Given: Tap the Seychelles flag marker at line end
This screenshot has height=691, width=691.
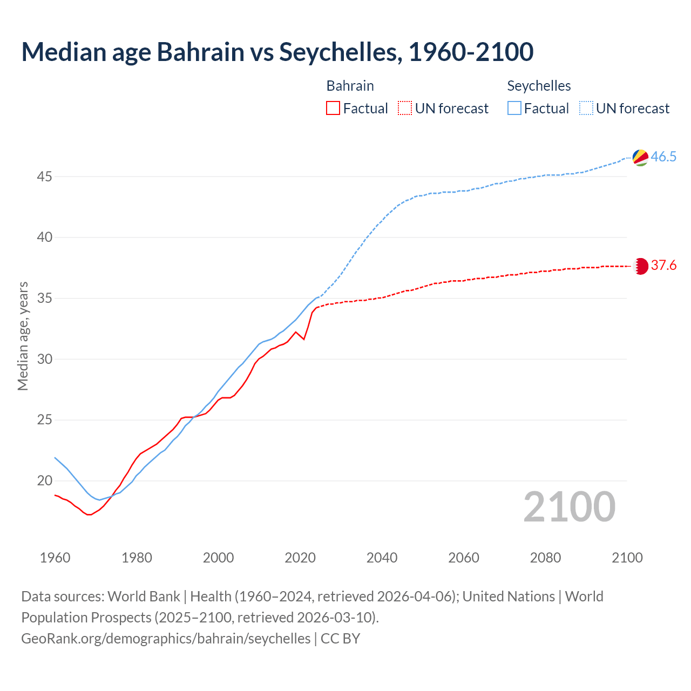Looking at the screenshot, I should click(640, 157).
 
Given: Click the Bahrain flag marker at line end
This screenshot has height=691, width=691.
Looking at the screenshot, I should click(640, 266).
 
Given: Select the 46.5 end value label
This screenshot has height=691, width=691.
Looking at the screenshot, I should click(663, 157).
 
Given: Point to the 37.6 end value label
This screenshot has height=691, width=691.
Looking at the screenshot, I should click(663, 266).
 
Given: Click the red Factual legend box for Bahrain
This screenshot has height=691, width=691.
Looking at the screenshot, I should click(333, 109).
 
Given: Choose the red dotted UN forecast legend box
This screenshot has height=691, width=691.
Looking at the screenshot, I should click(405, 109).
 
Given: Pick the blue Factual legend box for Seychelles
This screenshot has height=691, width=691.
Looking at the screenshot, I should click(514, 109).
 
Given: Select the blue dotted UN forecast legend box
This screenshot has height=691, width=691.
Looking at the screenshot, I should click(586, 109).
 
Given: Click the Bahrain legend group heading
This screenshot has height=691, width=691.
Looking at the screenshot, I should click(350, 86).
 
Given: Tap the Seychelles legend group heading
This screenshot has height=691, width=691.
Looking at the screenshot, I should click(539, 86).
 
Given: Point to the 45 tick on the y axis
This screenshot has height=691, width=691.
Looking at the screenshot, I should click(44, 177).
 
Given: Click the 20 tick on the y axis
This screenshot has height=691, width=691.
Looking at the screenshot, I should click(44, 480).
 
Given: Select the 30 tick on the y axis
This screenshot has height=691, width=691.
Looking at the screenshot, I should click(44, 359).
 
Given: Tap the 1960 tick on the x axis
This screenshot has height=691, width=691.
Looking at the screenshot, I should click(55, 558).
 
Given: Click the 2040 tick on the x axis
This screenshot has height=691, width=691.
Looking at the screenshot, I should click(382, 558).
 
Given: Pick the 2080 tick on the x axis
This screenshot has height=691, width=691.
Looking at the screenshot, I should click(545, 558).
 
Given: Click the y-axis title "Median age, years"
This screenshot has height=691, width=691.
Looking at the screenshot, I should click(23, 336).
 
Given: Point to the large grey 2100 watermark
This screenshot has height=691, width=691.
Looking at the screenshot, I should click(569, 507).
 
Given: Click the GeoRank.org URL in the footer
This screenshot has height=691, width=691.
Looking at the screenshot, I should click(166, 639).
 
